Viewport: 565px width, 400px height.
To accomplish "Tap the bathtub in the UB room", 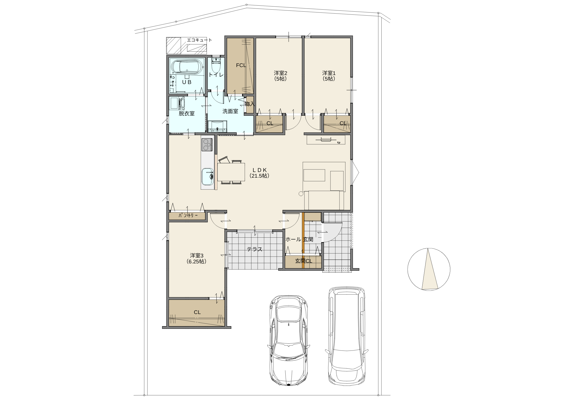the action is (x=187, y=67).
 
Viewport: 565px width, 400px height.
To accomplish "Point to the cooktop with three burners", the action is (x=207, y=145).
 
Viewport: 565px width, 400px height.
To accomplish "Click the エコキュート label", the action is (x=199, y=40).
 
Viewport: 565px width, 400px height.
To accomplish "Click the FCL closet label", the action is (x=241, y=65).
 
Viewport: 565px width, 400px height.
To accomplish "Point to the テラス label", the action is (x=255, y=249).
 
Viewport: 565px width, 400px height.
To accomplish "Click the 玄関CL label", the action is (x=304, y=261).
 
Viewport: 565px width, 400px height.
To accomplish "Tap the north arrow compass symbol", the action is (x=429, y=269).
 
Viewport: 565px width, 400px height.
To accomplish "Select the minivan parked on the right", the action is (x=347, y=336).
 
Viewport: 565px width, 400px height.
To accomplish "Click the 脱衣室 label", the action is (x=187, y=113).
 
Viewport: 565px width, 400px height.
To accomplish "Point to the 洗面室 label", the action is (x=230, y=111).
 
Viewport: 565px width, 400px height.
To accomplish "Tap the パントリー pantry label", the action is (x=188, y=216).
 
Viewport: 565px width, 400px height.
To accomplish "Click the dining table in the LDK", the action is (x=231, y=172).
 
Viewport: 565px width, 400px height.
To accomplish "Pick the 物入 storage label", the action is (x=250, y=104).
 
